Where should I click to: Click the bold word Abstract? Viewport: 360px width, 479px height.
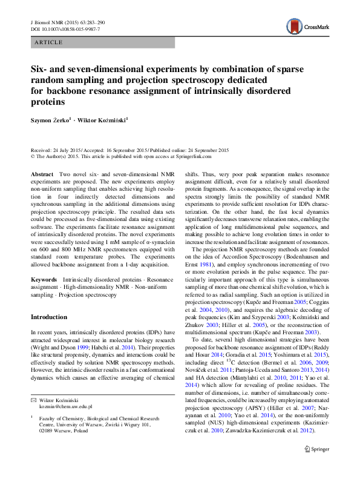(41, 174)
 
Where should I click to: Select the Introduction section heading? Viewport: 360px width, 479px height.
(49, 317)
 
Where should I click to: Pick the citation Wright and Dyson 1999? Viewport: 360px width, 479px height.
(63, 347)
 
